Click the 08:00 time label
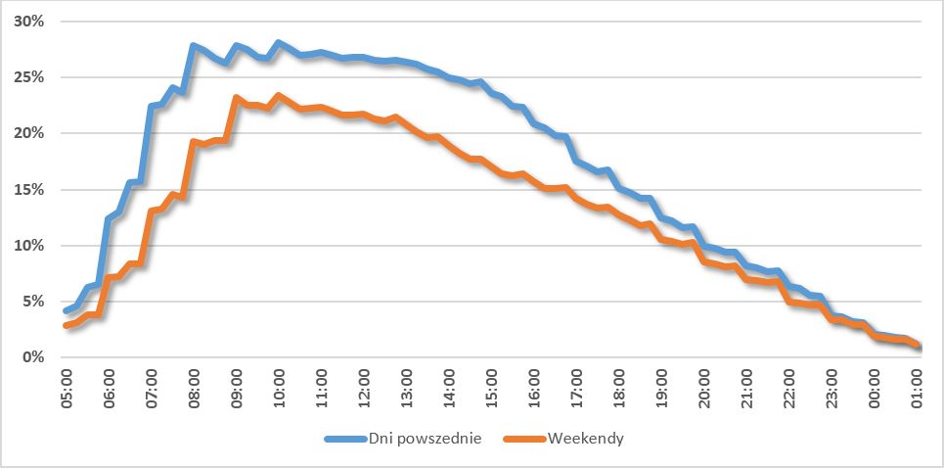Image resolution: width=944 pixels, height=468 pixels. [x=194, y=388]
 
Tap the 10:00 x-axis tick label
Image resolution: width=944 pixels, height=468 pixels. [x=279, y=388]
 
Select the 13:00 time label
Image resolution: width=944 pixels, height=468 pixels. [x=406, y=388]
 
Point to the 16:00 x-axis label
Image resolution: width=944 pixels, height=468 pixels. [x=534, y=388]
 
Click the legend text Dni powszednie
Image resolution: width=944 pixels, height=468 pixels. [x=424, y=439]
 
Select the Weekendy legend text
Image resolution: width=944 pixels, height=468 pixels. [x=586, y=439]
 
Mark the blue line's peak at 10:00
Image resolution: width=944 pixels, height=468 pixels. [x=279, y=43]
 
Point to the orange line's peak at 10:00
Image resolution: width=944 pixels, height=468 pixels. [x=279, y=96]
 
